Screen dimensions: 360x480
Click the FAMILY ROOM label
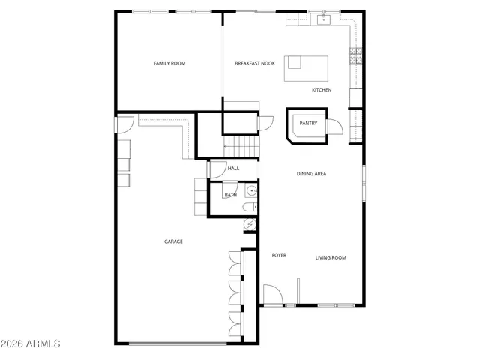169,63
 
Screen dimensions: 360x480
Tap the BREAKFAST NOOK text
254,63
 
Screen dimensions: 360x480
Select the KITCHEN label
322,90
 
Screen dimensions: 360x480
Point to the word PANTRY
308,123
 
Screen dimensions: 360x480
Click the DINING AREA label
311,174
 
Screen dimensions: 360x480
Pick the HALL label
233,169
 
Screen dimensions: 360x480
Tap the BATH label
230,196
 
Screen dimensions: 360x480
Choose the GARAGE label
174,241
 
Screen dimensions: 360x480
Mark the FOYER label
279,255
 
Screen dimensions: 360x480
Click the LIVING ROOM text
331,258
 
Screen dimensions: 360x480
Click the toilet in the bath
252,205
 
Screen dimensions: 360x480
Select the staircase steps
241,143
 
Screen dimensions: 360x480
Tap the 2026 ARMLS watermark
31,343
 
